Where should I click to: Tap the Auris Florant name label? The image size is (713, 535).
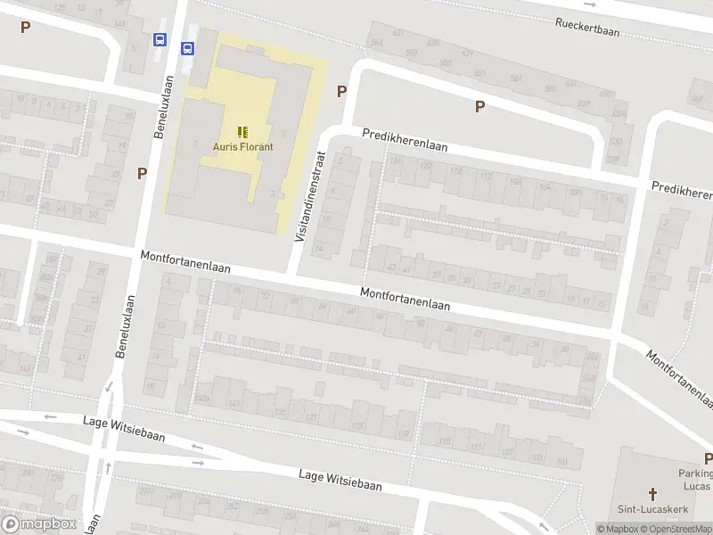[x=242, y=147]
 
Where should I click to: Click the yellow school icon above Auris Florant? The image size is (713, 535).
[x=242, y=132]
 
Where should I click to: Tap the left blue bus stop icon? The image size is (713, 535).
[x=160, y=40]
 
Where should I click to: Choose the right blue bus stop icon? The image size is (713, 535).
[x=188, y=49]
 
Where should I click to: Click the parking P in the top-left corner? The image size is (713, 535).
[x=25, y=27]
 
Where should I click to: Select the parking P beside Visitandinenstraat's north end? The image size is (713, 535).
[x=341, y=91]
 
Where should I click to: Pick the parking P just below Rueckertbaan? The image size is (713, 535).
[x=479, y=107]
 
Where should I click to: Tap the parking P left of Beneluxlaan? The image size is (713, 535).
[x=141, y=173]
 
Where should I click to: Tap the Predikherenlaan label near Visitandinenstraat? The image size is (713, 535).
[x=404, y=140]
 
